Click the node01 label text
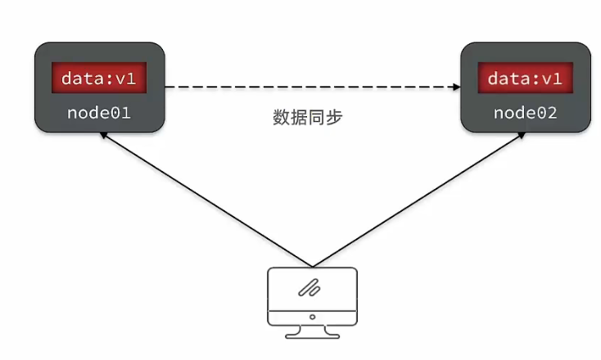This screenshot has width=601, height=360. tap(99, 112)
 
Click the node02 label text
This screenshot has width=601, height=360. tap(525, 112)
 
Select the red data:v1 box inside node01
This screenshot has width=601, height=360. tap(100, 79)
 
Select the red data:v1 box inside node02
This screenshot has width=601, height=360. tap(525, 79)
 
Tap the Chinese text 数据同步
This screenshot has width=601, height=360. tap(306, 117)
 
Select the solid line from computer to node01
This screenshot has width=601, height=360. tap(205, 200)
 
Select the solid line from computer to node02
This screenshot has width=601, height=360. tap(418, 200)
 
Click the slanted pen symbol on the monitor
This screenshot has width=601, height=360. tap(311, 287)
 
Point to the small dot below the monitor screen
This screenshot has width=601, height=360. tap(312, 315)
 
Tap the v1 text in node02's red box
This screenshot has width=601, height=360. tap(552, 79)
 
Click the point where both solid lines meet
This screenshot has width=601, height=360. tap(312, 266)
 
